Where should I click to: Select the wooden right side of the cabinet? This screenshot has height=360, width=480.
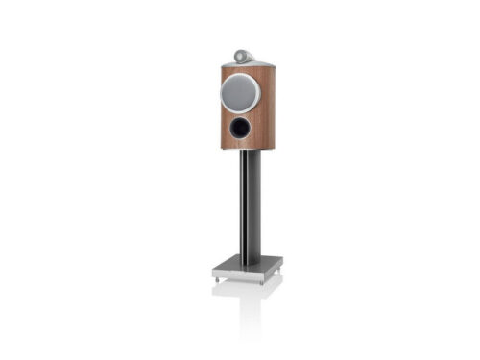tap(264, 106)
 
